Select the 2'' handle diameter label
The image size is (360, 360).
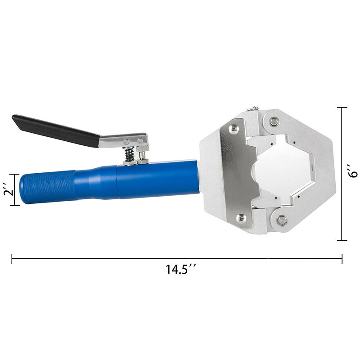tap(7, 189)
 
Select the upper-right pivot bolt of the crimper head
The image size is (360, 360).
tap(274, 121)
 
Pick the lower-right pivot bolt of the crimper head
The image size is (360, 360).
tap(282, 220)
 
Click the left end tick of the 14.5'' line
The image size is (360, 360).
tap(12, 259)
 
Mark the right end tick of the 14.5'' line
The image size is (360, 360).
tap(342, 259)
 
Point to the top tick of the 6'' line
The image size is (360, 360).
tap(342, 108)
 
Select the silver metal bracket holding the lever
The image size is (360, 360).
tap(124, 141)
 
